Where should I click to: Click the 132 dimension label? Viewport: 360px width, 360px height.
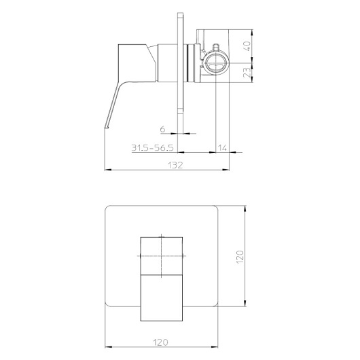[x=175, y=165]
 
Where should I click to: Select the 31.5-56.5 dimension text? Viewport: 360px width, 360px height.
[x=152, y=147]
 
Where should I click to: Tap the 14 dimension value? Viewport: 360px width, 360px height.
[x=222, y=147]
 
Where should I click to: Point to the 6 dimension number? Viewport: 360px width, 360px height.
[x=162, y=129]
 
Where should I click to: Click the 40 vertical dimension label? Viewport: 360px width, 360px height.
[x=247, y=47]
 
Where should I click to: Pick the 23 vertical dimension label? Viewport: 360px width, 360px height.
[x=247, y=72]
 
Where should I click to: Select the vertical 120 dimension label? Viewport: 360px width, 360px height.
[x=240, y=257]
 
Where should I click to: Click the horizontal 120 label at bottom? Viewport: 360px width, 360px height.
[x=161, y=342]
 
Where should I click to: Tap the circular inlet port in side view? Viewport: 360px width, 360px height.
[x=217, y=63]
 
